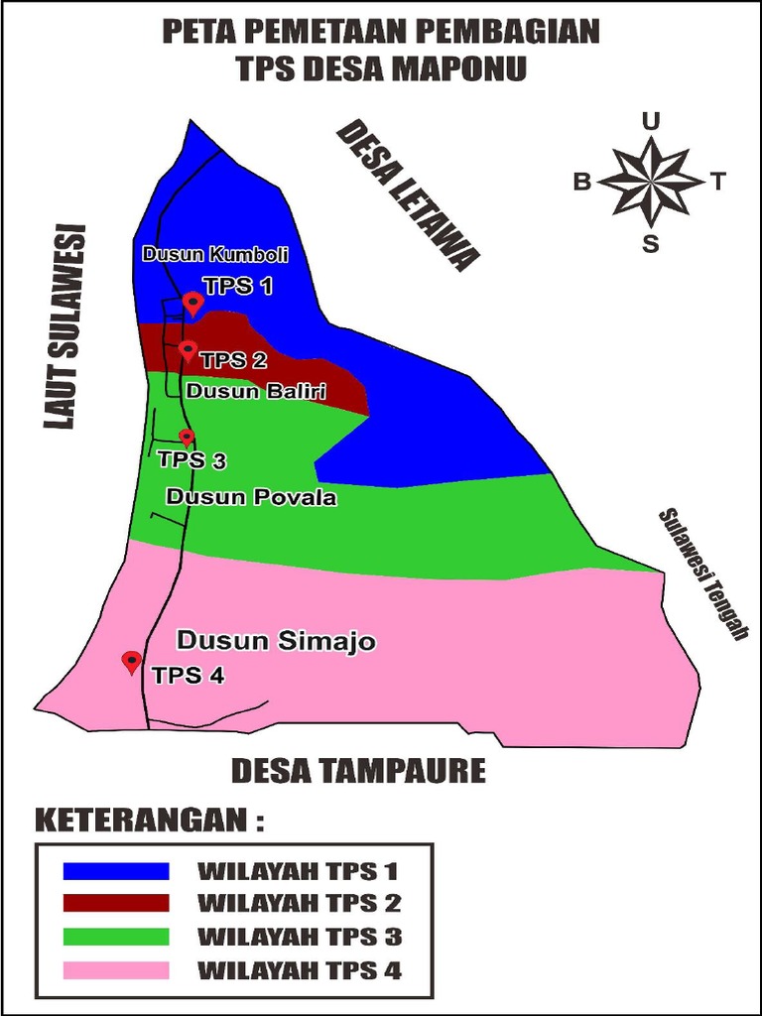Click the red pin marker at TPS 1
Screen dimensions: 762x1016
[193, 303]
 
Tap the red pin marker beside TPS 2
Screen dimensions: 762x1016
[188, 350]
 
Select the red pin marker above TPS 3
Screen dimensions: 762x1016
[187, 437]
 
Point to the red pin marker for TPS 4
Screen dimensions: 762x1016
[131, 662]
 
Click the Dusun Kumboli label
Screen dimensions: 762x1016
[215, 254]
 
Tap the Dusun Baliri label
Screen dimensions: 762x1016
[256, 391]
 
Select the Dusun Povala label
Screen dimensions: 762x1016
[251, 497]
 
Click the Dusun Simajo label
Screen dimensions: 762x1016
[276, 641]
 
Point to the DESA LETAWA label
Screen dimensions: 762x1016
[407, 195]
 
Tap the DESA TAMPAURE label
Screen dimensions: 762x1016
[358, 771]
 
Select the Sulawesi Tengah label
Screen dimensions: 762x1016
[702, 574]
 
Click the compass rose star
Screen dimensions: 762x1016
[650, 182]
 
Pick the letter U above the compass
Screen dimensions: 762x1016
[650, 122]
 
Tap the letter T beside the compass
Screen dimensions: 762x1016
[717, 182]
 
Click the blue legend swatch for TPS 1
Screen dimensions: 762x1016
[116, 871]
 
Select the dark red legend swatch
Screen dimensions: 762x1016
[116, 903]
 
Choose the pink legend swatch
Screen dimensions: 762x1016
[116, 969]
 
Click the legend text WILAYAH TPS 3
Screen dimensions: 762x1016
[299, 937]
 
